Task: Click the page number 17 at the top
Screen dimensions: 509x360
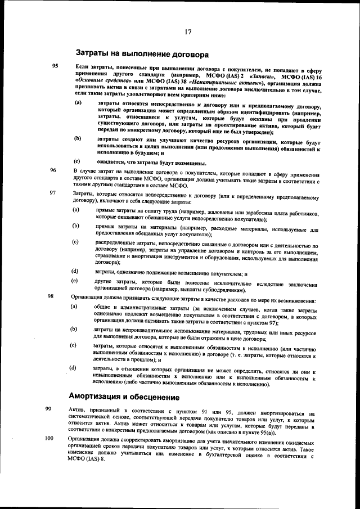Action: pos(188,31)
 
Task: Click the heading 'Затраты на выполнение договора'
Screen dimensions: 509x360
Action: pos(142,54)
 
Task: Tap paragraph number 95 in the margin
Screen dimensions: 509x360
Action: pos(55,66)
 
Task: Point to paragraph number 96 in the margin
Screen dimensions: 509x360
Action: pos(53,170)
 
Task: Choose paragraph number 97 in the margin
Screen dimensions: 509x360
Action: pos(53,193)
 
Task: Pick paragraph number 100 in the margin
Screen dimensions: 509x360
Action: pos(49,438)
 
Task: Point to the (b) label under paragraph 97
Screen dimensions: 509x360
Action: pos(75,225)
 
